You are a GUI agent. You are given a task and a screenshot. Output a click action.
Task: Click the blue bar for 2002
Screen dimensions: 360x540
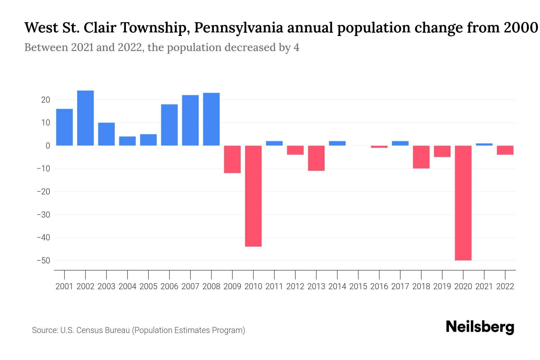point(85,118)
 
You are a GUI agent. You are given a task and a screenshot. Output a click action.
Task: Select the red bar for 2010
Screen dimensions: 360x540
point(253,196)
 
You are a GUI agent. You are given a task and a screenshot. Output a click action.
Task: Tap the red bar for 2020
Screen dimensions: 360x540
point(463,203)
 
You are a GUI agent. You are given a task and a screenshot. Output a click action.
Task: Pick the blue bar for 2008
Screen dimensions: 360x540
point(211,119)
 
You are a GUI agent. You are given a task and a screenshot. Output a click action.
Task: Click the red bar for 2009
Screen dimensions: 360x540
point(232,159)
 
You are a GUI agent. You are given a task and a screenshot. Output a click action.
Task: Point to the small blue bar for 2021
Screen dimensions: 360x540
point(484,144)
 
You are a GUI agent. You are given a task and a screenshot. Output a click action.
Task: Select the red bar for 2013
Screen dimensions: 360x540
point(316,158)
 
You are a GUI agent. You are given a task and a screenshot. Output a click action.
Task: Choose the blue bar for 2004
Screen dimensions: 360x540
point(127,141)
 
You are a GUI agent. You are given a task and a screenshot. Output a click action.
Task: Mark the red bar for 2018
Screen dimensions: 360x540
point(421,157)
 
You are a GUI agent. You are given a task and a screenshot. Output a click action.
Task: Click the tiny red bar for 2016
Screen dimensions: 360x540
point(379,147)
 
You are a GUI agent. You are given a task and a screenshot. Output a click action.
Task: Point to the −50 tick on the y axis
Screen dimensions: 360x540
point(43,260)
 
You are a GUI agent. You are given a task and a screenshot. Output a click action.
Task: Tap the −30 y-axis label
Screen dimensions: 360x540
point(43,214)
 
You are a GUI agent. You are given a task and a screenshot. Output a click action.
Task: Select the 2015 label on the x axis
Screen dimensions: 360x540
point(358,286)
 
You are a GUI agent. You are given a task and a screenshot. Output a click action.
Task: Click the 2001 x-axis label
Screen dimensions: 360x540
point(64,286)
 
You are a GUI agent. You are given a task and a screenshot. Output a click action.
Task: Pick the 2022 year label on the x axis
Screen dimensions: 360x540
point(505,286)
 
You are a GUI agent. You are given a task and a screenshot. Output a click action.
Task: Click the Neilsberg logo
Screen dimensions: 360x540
point(480,327)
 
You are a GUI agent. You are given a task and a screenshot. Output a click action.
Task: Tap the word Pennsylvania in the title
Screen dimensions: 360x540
point(238,28)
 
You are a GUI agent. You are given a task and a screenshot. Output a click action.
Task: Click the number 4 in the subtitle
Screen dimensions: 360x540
point(296,47)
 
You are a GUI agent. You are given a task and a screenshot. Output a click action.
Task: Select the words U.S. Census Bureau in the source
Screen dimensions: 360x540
point(95,330)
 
